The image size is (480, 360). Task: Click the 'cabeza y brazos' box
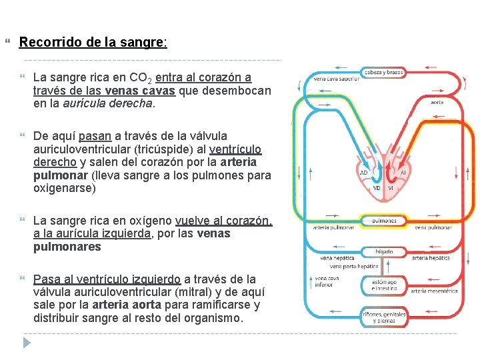tap(383, 72)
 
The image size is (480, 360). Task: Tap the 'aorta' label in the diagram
tap(437, 102)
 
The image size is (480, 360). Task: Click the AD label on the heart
tap(363, 172)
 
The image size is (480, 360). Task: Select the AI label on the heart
tap(403, 172)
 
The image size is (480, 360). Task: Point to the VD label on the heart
tap(377, 188)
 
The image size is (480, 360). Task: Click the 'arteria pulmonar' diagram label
tap(331, 228)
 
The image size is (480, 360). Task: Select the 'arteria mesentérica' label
tap(433, 290)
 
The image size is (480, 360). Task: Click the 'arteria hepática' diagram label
tap(430, 258)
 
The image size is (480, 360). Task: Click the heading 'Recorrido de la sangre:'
tap(93, 43)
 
